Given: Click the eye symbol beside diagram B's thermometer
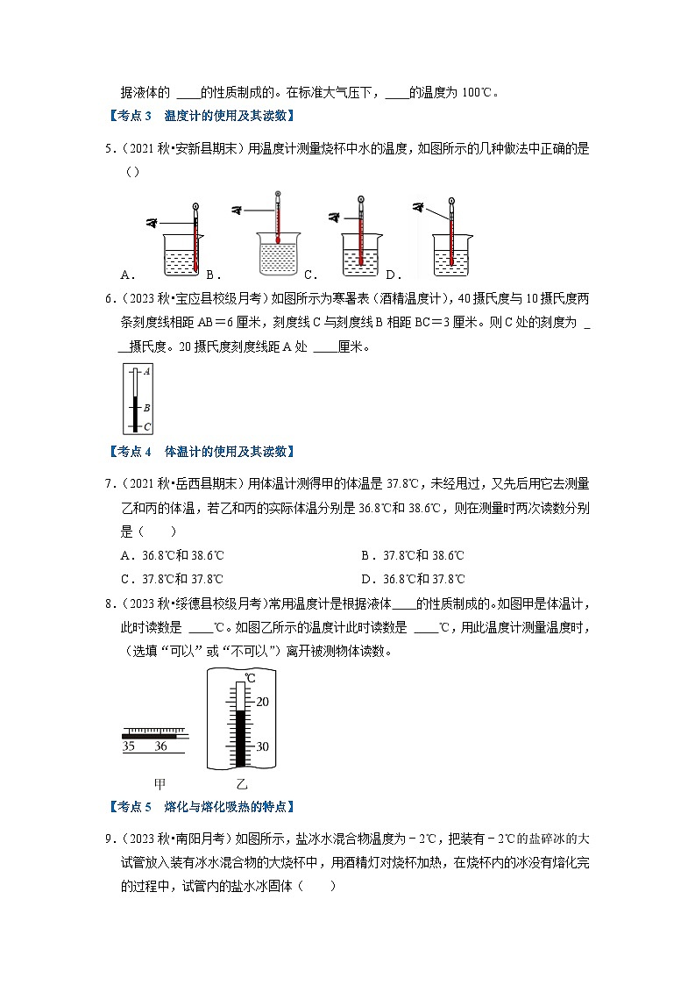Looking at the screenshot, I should tap(238, 210).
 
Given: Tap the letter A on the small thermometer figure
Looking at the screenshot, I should tap(146, 372).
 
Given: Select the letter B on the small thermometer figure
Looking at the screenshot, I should tap(146, 408).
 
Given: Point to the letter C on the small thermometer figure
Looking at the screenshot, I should tap(146, 426).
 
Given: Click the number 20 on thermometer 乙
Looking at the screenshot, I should tap(263, 702).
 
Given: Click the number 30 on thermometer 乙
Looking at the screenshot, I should tap(263, 746).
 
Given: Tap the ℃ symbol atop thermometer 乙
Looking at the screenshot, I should tap(250, 678).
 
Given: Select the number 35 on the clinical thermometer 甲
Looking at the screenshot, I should tap(128, 746).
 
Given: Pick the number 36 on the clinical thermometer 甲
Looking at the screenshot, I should tap(160, 746).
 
